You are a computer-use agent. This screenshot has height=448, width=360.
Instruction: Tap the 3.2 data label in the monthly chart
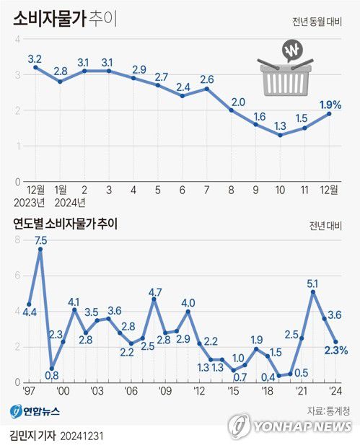pos(35,57)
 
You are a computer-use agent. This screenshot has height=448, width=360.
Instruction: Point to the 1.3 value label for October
pos(281,124)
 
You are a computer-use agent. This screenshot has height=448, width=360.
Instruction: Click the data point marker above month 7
pos(207,89)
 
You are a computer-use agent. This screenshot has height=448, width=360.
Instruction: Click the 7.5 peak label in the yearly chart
pos(41,240)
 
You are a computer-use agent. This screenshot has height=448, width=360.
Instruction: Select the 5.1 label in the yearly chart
pos(314,284)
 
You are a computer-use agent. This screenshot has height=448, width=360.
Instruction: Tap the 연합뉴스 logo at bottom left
pos(35,410)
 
